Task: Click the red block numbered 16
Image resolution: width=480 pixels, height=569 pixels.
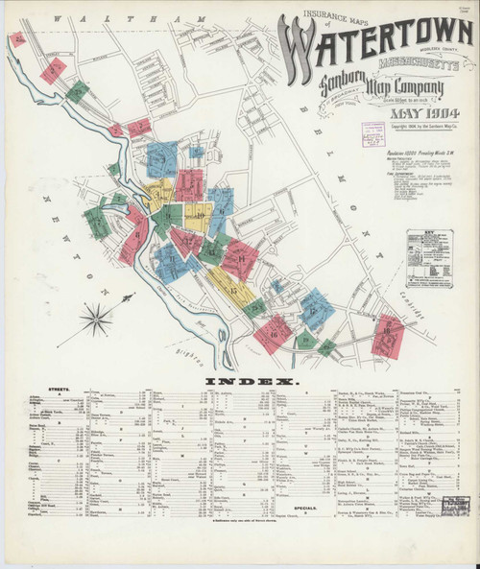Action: click(x=277, y=331)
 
